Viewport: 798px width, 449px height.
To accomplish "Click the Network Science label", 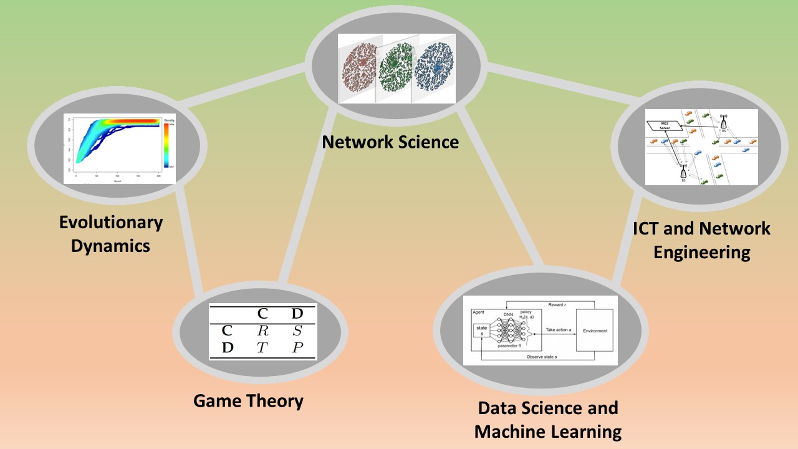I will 390,142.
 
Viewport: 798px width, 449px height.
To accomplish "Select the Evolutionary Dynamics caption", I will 110,233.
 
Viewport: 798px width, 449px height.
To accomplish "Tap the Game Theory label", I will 248,400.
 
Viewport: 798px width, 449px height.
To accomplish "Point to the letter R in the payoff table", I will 262,331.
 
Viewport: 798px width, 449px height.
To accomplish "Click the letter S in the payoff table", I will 297,331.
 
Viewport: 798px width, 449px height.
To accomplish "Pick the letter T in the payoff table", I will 262,348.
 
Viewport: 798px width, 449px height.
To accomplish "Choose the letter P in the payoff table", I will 297,348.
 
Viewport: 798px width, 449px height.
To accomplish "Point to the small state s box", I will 481,331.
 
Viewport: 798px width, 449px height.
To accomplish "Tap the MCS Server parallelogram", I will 665,127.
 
